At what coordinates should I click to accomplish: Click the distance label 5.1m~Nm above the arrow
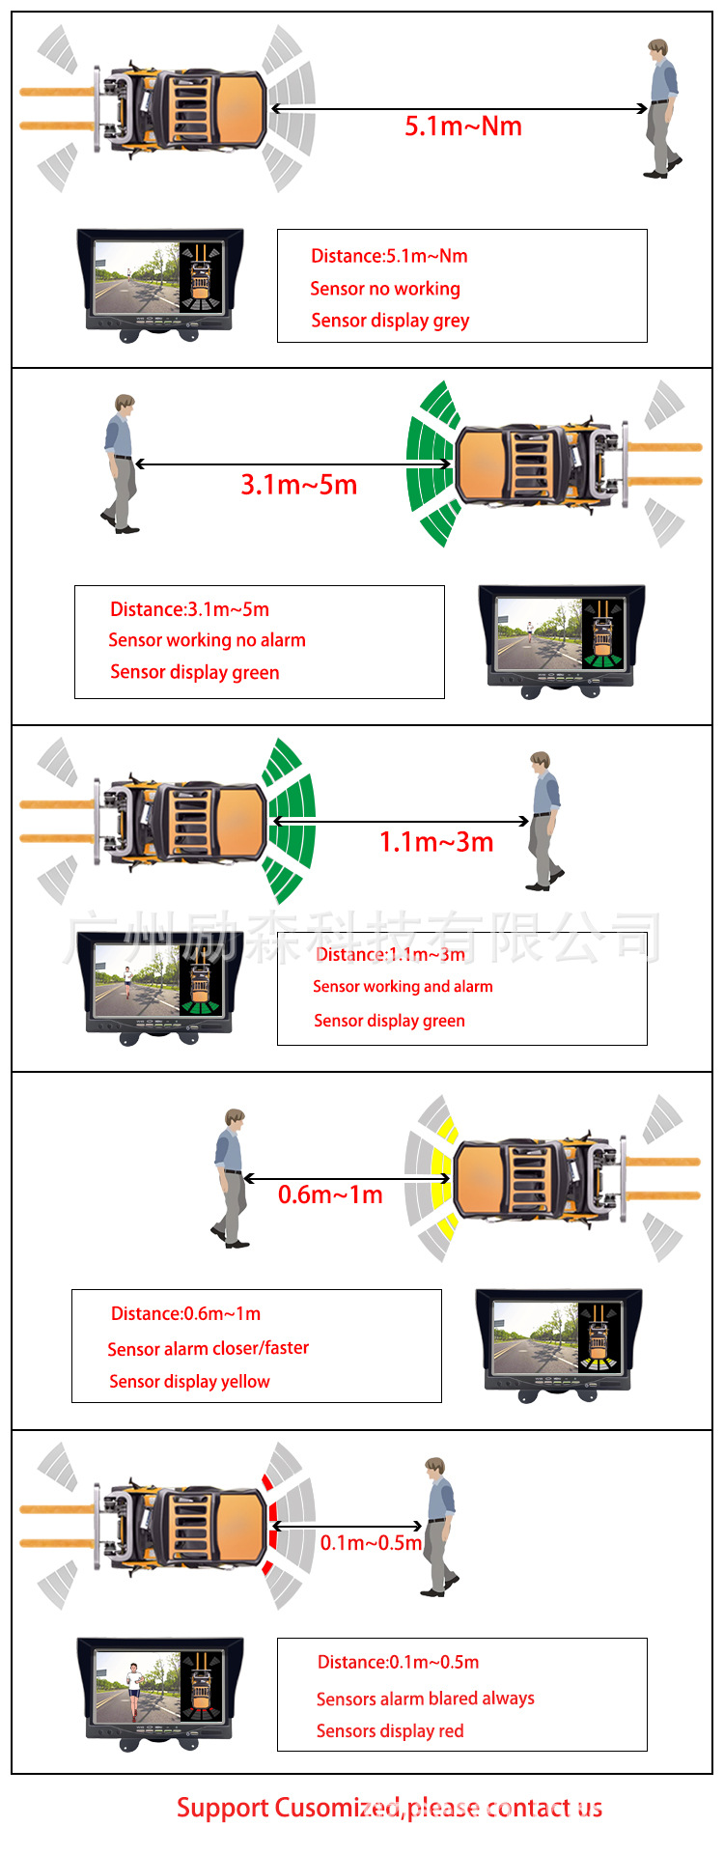[x=463, y=126]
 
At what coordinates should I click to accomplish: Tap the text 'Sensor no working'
[x=385, y=289]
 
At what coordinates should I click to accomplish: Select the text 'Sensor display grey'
[x=390, y=321]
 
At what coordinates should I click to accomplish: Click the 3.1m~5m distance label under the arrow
[x=299, y=485]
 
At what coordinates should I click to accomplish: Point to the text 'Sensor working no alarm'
[x=207, y=640]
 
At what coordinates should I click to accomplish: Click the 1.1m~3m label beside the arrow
[x=436, y=842]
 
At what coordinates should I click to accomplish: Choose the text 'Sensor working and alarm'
[x=403, y=987]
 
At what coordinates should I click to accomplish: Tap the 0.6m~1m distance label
[x=330, y=1195]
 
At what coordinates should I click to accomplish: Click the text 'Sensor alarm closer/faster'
[x=209, y=1348]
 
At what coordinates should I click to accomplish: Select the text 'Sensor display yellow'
[x=189, y=1382]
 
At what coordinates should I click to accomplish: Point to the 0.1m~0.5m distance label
[x=371, y=1543]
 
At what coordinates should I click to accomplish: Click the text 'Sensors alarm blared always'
[x=425, y=1699]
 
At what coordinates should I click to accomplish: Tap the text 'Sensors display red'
[x=390, y=1731]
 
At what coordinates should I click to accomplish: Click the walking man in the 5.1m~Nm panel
[x=662, y=108]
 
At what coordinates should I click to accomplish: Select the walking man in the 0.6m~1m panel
[x=231, y=1178]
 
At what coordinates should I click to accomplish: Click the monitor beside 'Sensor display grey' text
[x=159, y=283]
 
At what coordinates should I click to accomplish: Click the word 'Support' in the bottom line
[x=222, y=1809]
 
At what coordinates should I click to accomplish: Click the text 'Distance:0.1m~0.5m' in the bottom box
[x=398, y=1663]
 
